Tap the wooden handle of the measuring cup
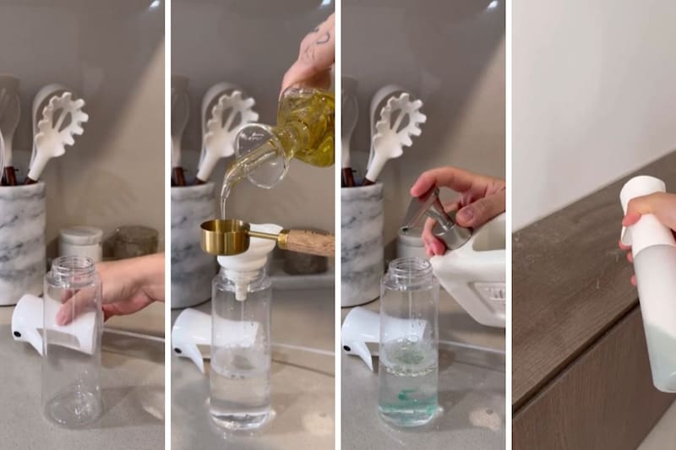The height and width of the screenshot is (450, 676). point(306,241)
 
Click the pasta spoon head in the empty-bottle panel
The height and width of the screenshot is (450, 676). point(60,122)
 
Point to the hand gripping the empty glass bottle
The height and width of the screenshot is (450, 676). point(127,287)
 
